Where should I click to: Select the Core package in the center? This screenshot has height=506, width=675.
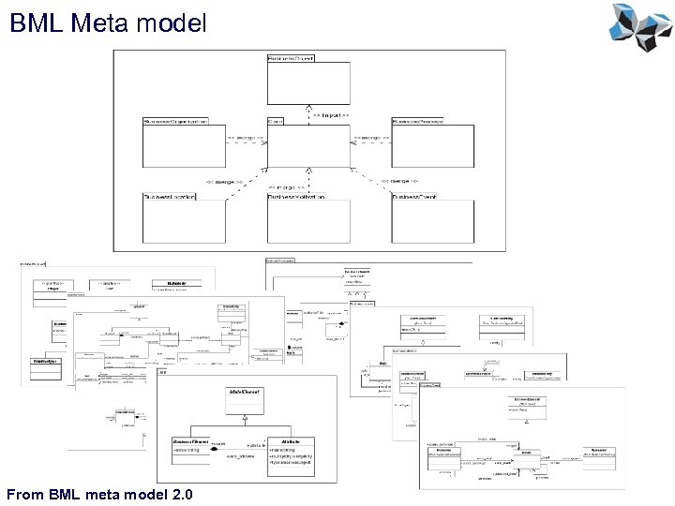(x=307, y=150)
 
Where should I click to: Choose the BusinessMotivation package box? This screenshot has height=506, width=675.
(x=307, y=223)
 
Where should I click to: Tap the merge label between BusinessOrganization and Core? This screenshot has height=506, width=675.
(x=246, y=137)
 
